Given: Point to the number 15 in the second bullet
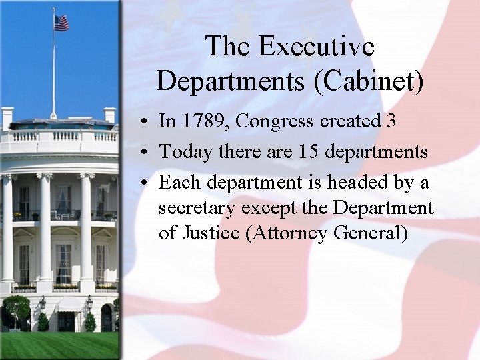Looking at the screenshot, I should click(x=307, y=152).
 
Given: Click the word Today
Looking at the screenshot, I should click(x=183, y=152).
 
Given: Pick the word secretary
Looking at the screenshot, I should click(x=197, y=208).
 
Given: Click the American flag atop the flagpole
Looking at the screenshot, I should click(x=61, y=23).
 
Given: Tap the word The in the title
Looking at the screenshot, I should click(x=228, y=47).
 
